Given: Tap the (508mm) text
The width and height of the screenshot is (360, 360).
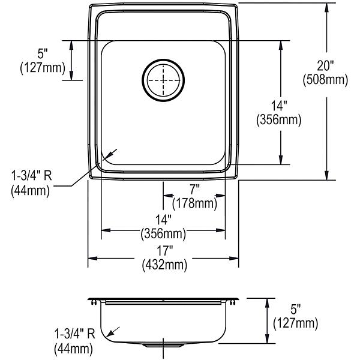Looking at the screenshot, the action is pos(325,80).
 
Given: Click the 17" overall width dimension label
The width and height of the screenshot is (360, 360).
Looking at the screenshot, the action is pos(164,250).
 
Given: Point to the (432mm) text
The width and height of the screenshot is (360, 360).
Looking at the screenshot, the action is pos(164,265).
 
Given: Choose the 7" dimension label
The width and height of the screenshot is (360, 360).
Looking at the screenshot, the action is pos(194,190).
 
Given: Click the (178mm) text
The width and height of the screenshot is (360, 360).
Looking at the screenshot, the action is pos(194,203).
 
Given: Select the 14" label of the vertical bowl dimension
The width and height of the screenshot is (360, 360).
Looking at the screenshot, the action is pos(279,106).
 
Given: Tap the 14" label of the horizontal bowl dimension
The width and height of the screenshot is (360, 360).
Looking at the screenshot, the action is pos(163,220).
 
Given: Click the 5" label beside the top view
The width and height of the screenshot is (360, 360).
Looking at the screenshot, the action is pos(43,54).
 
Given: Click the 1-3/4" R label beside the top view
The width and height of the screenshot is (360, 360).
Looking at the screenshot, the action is pos(32,176).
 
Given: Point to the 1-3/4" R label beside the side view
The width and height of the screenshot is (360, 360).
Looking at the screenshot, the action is pos(74,334).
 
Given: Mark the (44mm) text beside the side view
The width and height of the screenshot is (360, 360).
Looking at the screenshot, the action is pos(73,349).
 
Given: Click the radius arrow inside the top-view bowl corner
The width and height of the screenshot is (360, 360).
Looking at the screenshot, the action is pos(110,155).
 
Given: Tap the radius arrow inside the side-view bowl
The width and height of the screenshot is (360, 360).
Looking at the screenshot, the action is pos(113,332).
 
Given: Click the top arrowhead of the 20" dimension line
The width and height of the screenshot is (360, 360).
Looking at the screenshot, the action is pos(327,7).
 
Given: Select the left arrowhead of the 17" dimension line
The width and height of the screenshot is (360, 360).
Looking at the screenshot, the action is pos(92,259).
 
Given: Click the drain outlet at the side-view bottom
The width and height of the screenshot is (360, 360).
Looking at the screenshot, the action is pos(163,344).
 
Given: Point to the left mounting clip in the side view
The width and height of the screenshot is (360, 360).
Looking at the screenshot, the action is pos(94,302).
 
